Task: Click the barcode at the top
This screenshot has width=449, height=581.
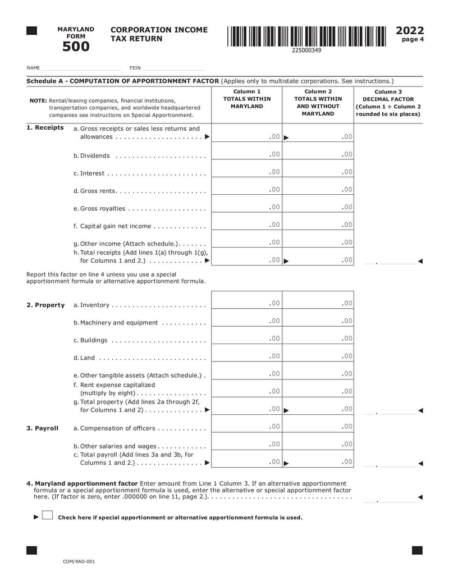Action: (x=306, y=36)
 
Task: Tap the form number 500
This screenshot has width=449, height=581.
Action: (x=76, y=47)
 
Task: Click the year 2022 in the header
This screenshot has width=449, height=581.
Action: (x=410, y=30)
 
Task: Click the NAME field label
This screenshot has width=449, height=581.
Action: (x=33, y=68)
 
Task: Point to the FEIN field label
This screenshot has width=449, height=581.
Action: (x=135, y=68)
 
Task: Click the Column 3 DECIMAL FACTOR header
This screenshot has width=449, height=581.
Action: (x=388, y=103)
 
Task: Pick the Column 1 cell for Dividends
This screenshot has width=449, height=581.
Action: (x=246, y=154)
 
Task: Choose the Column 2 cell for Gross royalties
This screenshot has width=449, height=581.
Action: (x=318, y=207)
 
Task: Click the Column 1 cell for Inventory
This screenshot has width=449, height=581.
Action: (x=246, y=303)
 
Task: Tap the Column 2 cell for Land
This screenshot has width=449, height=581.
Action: (x=318, y=356)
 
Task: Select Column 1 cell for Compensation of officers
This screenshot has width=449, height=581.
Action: (x=246, y=427)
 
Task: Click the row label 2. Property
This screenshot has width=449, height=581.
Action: (x=45, y=305)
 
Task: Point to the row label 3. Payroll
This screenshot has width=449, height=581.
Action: (x=43, y=428)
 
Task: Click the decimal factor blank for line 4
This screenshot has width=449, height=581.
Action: (x=389, y=498)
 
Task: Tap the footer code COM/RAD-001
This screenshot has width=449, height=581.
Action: (x=79, y=561)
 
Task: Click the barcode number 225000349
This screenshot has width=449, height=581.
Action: (x=306, y=51)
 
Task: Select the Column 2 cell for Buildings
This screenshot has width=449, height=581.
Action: (x=318, y=338)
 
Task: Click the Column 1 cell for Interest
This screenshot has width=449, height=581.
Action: (x=246, y=172)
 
